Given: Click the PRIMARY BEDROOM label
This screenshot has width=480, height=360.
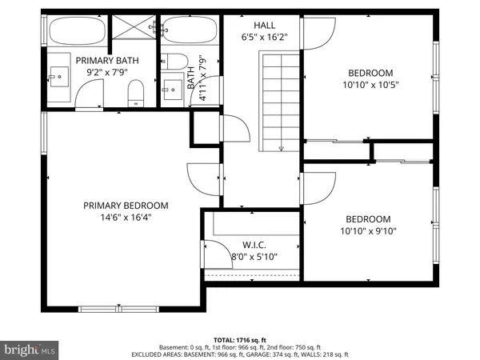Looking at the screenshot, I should tap(126, 205).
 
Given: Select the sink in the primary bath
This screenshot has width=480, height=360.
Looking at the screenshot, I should tap(58, 78).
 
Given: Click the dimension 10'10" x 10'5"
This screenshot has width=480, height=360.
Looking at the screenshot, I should tap(370, 84).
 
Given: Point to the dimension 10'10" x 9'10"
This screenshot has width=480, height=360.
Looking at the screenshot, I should tap(367, 231).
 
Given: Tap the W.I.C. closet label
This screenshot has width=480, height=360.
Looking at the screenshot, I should tap(254, 245).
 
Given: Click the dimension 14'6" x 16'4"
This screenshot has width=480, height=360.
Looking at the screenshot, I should tap(126, 216).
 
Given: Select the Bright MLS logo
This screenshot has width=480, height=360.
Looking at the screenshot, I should tap(30, 350).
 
